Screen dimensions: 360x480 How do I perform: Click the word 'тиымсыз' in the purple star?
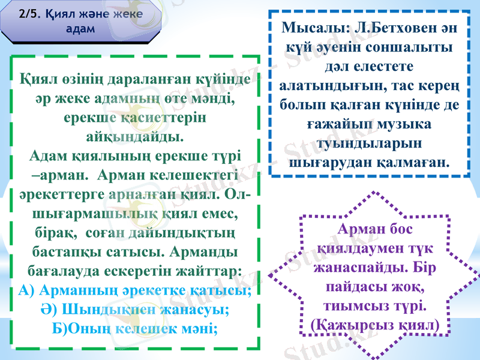[x=350, y=305]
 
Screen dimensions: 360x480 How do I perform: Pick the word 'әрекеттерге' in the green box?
[x=62, y=194]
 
